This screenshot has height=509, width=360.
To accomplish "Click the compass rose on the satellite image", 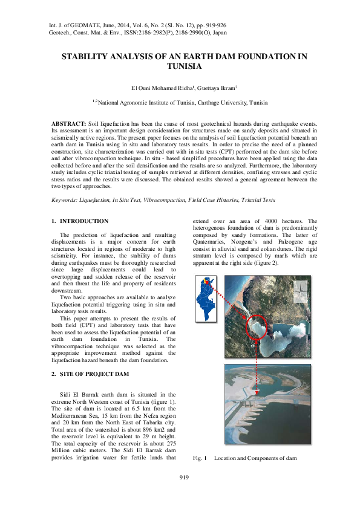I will (300, 293).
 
